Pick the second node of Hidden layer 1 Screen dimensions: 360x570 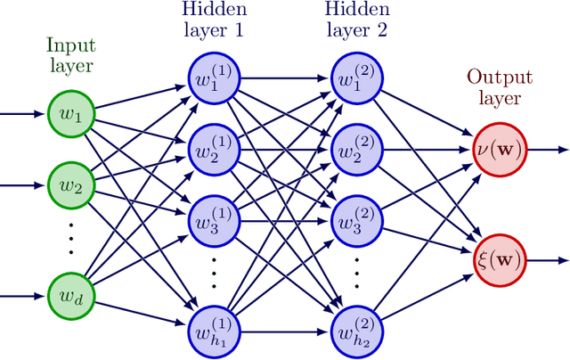tap(213, 149)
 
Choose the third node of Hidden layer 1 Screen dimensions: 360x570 tap(213, 221)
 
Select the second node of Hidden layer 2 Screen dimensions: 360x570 tap(356, 149)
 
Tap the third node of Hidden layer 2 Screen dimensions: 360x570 tap(356, 221)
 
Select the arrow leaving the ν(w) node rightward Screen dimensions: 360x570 tap(545, 149)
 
